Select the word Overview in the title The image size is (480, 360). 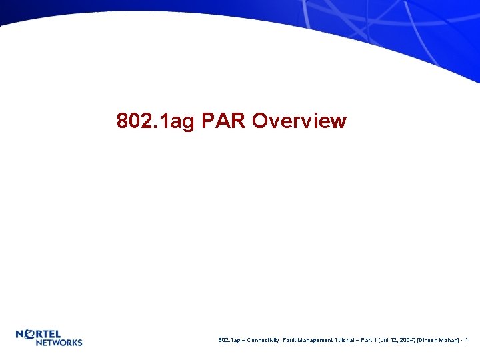click(299, 121)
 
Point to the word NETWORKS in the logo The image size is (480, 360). click(59, 342)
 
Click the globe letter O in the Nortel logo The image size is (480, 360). click(30, 333)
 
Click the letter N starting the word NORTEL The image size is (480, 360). click(21, 333)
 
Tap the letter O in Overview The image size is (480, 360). click(261, 121)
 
